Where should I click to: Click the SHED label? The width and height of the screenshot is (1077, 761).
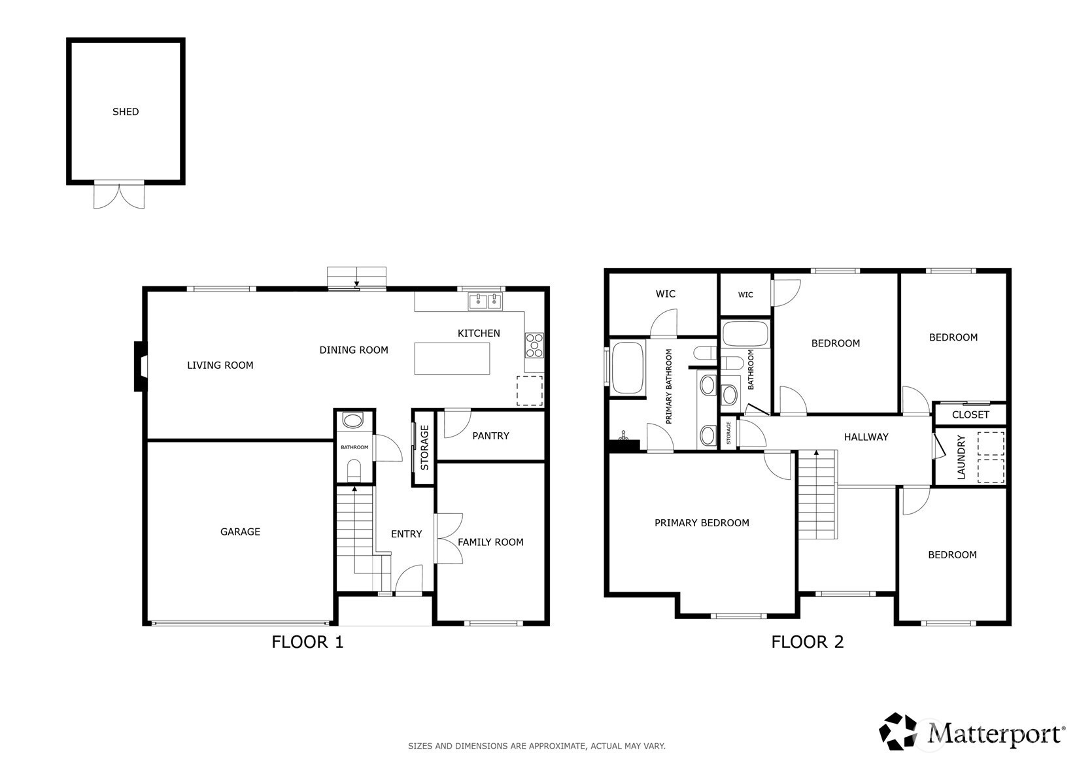pyautogui.click(x=126, y=112)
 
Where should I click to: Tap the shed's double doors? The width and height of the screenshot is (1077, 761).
pyautogui.click(x=119, y=195)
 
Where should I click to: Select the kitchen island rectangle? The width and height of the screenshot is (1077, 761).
pyautogui.click(x=452, y=358)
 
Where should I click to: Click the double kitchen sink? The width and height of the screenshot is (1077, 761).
pyautogui.click(x=485, y=301)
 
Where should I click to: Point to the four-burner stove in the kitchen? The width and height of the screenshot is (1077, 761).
pyautogui.click(x=534, y=345)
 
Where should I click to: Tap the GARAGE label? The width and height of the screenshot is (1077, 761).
pyautogui.click(x=240, y=532)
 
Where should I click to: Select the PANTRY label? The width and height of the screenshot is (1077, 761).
pyautogui.click(x=490, y=435)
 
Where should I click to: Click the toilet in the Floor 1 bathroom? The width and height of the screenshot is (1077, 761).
pyautogui.click(x=354, y=470)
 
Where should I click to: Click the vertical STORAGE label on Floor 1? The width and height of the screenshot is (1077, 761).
pyautogui.click(x=424, y=448)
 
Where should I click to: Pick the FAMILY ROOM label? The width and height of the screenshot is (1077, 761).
pyautogui.click(x=490, y=542)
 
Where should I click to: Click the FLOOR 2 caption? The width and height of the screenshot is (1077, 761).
pyautogui.click(x=808, y=641)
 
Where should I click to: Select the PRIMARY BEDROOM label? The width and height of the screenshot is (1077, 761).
pyautogui.click(x=702, y=522)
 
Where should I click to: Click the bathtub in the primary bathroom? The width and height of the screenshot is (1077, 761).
pyautogui.click(x=628, y=367)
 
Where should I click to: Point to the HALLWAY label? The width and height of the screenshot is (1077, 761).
pyautogui.click(x=866, y=437)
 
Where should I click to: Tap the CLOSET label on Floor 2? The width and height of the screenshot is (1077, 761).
pyautogui.click(x=970, y=414)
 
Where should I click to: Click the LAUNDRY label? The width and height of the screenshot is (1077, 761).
pyautogui.click(x=961, y=458)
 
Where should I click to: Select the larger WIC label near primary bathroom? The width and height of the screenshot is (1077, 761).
pyautogui.click(x=665, y=294)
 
